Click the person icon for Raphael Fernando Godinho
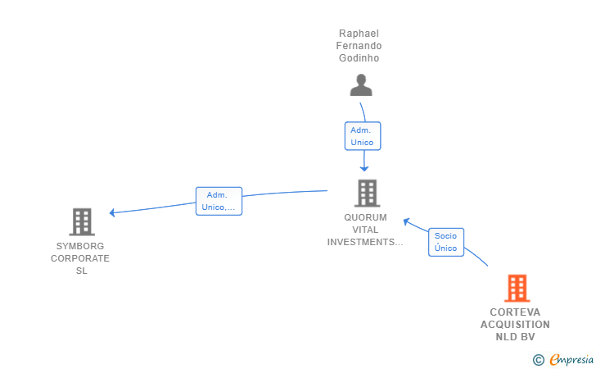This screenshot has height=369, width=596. tap(361, 85)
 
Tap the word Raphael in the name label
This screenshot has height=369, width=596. tap(359, 34)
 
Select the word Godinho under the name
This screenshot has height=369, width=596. tap(359, 58)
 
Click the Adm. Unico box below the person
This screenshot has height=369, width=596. tap(362, 136)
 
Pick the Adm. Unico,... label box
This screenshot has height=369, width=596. tap(219, 201)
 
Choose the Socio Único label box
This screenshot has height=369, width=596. tap(446, 242)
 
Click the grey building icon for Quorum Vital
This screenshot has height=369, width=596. tap(367, 193)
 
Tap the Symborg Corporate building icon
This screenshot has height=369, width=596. tap(82, 222)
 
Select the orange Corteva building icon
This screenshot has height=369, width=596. tap(517, 288)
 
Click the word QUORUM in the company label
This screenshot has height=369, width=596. tap(365, 217)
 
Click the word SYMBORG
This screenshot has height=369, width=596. tap(80, 246)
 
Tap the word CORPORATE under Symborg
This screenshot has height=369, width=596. tap(80, 258)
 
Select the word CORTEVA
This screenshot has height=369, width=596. tap(515, 312)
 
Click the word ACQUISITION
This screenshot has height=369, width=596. tap(515, 325)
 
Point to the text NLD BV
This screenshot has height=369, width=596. tap(515, 337)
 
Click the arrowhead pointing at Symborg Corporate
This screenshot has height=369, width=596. tap(112, 212)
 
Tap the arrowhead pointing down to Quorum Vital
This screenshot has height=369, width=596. tap(364, 169)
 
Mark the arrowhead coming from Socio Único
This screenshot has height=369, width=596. tap(406, 221)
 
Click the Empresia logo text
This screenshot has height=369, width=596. tap(571, 359)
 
